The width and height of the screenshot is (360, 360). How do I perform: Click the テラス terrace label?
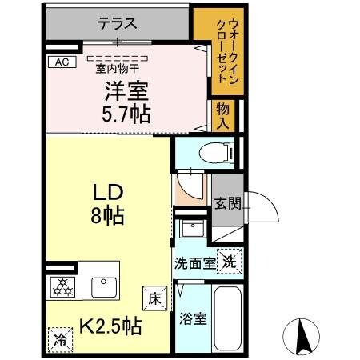(116, 24)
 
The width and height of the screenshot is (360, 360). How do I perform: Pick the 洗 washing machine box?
(229, 260)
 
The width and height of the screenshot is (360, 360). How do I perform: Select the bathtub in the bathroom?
(227, 316)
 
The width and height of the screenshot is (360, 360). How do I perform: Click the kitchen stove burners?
(61, 286)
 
